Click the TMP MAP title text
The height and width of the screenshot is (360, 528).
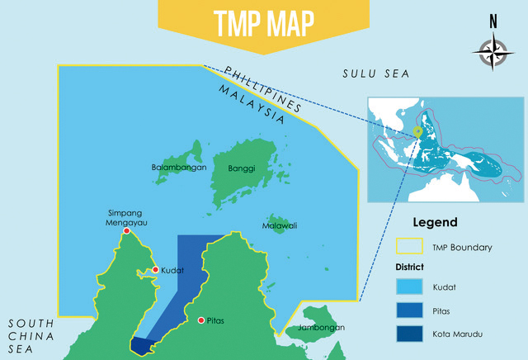coord(263,24)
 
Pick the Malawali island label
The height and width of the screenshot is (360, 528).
coord(280,225)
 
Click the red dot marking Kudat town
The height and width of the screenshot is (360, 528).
coord(155,270)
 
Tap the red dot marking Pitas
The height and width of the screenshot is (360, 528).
coord(200,320)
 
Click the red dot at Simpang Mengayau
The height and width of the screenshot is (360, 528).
coord(126,231)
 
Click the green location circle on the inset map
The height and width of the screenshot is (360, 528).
coord(418,130)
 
